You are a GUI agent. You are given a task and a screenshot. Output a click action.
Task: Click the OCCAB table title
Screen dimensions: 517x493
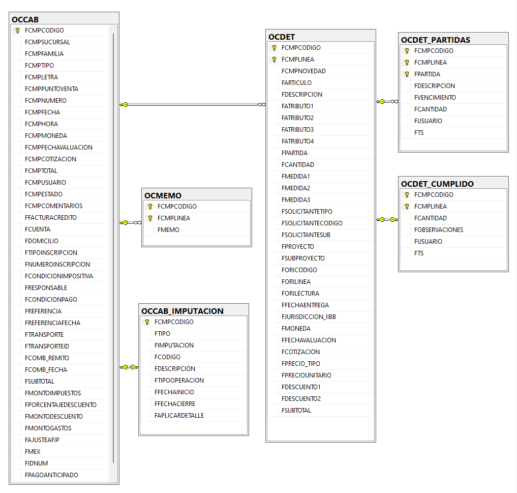click(x=25, y=19)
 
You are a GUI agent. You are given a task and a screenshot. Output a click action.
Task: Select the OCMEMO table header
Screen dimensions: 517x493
click(x=163, y=196)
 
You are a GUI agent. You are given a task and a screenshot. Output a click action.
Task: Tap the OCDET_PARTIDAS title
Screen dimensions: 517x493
click(x=436, y=40)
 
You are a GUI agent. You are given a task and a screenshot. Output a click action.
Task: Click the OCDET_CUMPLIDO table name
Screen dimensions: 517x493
click(x=437, y=184)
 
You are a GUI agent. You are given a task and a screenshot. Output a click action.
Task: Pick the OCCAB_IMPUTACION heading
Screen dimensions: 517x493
click(x=183, y=311)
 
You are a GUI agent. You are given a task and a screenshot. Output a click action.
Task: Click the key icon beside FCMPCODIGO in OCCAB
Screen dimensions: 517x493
click(x=17, y=31)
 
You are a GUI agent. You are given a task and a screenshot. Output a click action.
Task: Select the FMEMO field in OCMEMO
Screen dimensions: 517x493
click(x=168, y=229)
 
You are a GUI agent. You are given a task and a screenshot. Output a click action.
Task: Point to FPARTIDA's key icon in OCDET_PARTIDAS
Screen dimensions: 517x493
click(x=407, y=74)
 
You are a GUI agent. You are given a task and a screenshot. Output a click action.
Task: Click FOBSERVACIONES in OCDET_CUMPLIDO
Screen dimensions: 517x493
click(x=439, y=229)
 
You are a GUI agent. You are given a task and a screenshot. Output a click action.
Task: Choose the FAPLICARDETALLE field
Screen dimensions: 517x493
click(x=179, y=416)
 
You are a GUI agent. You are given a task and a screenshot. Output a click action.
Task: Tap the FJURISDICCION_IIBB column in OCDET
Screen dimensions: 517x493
click(x=309, y=317)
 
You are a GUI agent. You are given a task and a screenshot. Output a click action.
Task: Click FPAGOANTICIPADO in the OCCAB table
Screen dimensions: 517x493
click(x=51, y=475)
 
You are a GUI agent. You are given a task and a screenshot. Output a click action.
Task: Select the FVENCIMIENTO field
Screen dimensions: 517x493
click(x=435, y=97)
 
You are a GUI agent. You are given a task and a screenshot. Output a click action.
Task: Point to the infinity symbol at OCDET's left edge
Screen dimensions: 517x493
click(x=261, y=105)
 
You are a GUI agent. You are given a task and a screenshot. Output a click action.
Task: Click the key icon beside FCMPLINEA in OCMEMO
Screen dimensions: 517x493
click(x=150, y=218)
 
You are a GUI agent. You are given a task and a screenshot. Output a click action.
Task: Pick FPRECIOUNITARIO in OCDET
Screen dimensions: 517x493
click(x=307, y=375)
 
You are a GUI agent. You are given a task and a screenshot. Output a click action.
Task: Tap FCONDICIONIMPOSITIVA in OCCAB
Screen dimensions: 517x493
click(x=58, y=276)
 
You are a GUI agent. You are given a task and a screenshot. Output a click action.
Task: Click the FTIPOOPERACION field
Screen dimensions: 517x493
click(x=179, y=381)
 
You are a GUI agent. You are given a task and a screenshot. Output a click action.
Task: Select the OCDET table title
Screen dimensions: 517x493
click(x=282, y=37)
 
